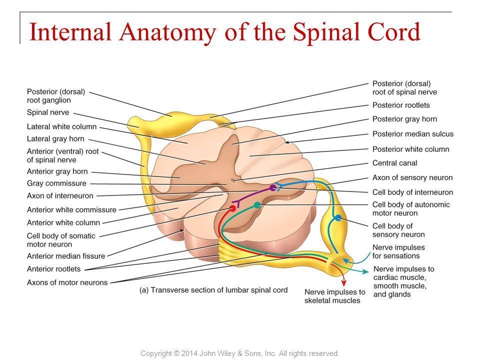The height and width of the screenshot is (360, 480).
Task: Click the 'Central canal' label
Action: tap(394, 163)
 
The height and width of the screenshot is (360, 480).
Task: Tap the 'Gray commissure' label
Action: tap(56, 183)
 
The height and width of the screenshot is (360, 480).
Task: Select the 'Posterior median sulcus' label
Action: tap(412, 133)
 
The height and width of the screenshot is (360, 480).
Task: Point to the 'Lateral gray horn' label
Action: tap(55, 138)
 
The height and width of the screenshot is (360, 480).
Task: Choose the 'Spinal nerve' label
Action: tap(48, 112)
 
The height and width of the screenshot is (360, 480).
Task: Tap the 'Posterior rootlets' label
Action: tap(401, 105)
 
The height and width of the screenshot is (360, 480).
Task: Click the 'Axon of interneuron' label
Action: tap(59, 195)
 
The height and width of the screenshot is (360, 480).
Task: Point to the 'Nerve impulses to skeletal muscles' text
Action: tap(334, 296)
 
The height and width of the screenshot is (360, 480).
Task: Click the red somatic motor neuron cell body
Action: tap(232, 207)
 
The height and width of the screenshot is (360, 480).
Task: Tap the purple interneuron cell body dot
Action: tap(272, 188)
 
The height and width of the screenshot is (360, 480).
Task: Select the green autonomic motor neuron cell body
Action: tap(257, 205)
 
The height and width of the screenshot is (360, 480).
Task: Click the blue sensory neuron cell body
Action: tap(338, 217)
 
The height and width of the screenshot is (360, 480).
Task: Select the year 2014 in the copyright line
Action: tap(187, 353)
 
